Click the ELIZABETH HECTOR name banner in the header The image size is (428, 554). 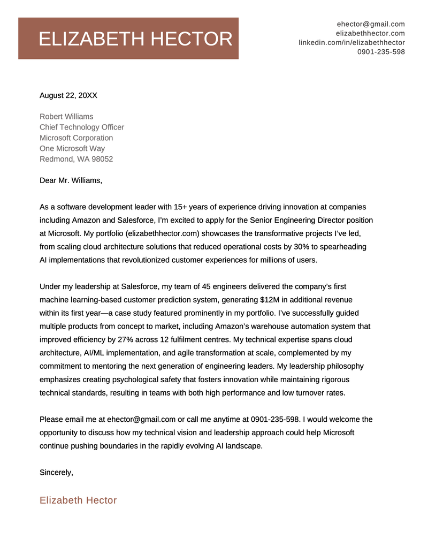(x=128, y=39)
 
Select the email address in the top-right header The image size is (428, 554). (x=371, y=24)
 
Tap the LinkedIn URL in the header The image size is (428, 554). (x=351, y=42)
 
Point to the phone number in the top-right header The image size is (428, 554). (x=381, y=52)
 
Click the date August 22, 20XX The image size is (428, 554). (x=68, y=96)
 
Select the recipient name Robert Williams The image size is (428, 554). (x=66, y=117)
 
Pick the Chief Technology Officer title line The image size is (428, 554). (x=82, y=127)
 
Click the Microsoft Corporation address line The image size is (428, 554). (x=77, y=138)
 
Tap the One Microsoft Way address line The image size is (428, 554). (x=72, y=149)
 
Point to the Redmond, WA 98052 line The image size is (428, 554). (x=77, y=160)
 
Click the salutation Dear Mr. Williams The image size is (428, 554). (x=71, y=180)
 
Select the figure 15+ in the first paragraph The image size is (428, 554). (x=184, y=207)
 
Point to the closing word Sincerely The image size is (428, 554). (x=56, y=473)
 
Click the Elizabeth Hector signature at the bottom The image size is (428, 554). (x=78, y=500)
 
